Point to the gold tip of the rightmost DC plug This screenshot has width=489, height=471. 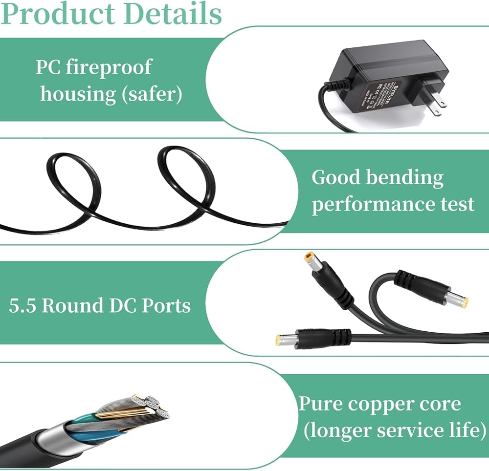click(x=463, y=301)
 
